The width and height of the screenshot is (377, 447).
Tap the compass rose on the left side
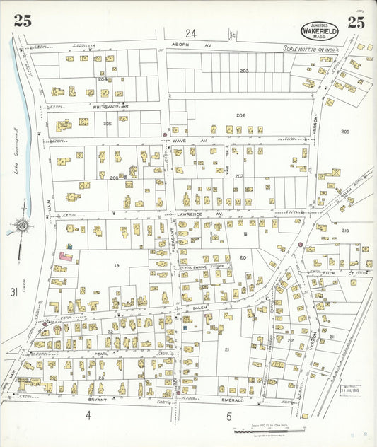click(x=22, y=227)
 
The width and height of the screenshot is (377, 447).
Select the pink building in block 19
click(x=64, y=257)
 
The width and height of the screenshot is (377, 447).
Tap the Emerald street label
click(x=233, y=400)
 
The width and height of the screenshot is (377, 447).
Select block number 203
click(x=244, y=71)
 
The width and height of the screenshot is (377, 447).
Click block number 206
click(x=240, y=115)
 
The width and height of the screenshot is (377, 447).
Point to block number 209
click(x=345, y=132)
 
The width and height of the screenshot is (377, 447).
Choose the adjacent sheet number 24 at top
click(x=190, y=33)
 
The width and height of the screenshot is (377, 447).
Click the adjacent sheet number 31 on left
click(x=13, y=292)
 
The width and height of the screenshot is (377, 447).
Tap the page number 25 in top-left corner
click(x=22, y=21)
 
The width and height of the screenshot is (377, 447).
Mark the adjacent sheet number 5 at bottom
click(x=228, y=417)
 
